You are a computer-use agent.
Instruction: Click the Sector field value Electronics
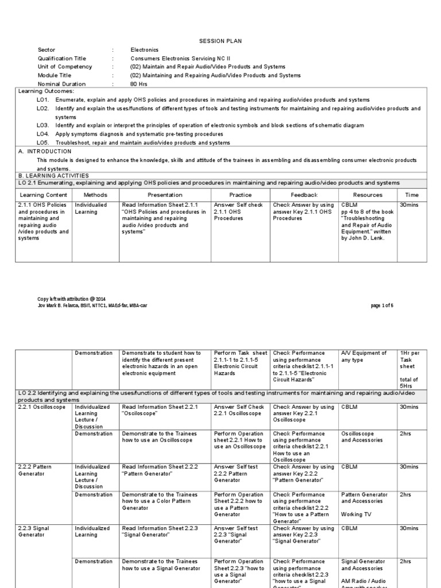144,50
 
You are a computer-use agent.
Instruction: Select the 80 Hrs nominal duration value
140,84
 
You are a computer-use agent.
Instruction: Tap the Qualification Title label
63,59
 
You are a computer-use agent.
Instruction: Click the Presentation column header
165,195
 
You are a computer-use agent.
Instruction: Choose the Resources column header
367,195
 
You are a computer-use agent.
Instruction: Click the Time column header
412,195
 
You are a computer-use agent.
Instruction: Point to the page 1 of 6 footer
382,305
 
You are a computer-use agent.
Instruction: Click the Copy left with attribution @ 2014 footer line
71,299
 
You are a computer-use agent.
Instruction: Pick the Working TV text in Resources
355,514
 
